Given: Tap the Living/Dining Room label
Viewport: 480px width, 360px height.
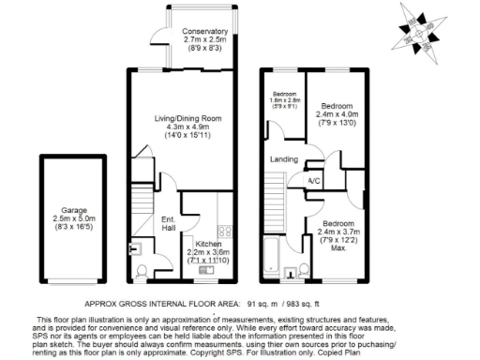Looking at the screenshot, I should (x=188, y=118).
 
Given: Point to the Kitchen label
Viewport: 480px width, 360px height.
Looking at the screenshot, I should (x=208, y=244).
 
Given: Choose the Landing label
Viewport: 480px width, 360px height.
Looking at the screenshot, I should (x=284, y=159).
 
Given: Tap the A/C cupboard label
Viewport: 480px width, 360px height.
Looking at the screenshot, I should (x=317, y=181).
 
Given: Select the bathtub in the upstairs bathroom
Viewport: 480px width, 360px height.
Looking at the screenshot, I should (x=272, y=253).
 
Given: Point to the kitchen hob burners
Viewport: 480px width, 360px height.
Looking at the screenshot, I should (x=225, y=232).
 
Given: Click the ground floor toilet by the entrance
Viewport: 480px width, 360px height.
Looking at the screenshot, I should (x=141, y=271).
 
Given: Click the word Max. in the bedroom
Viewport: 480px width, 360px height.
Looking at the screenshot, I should (x=336, y=248).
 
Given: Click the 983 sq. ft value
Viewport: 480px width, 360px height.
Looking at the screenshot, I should (x=313, y=304).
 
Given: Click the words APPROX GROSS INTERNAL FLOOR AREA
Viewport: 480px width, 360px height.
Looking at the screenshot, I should (x=160, y=304).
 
